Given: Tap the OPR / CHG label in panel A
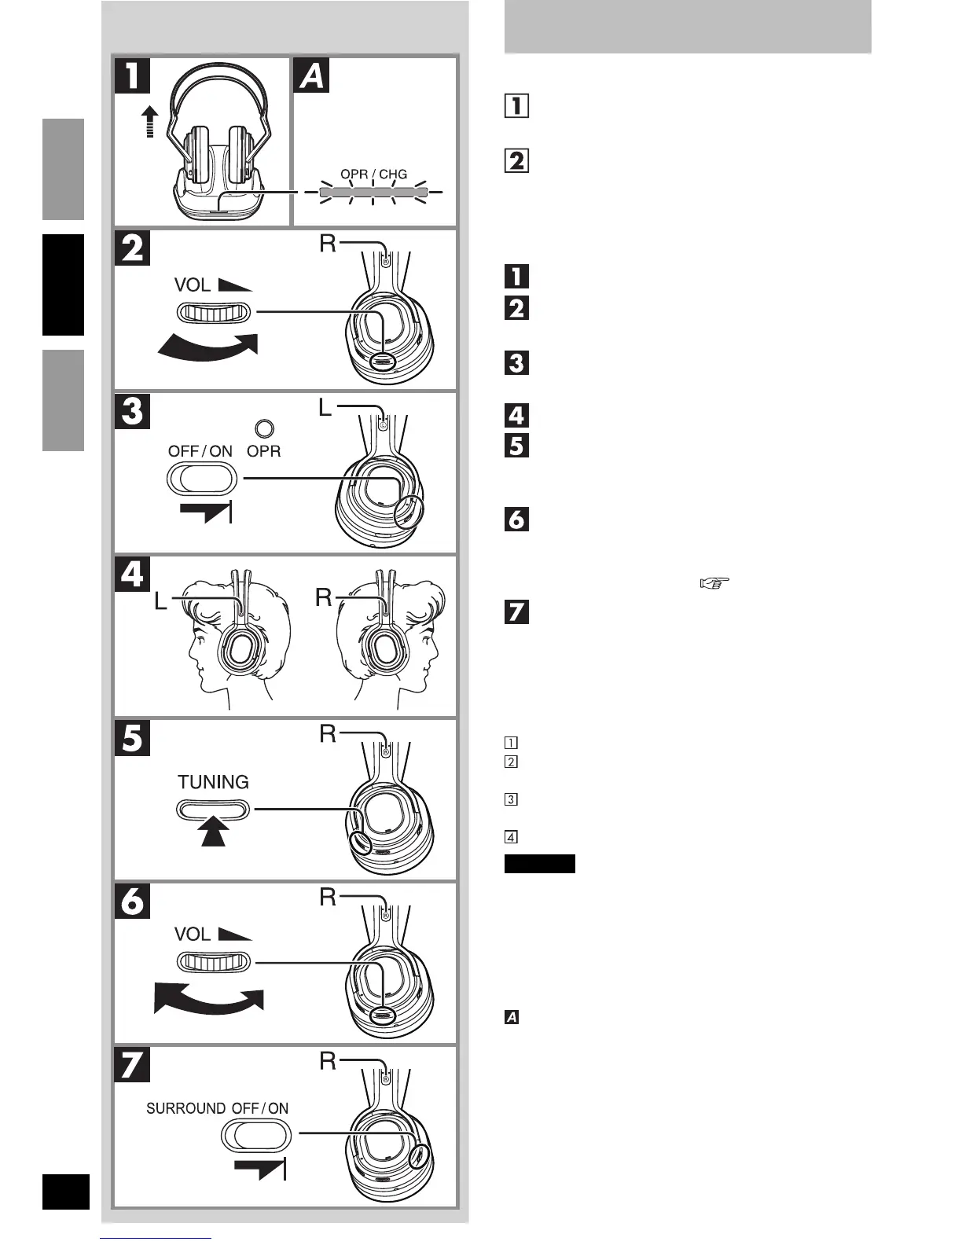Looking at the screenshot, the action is coord(373,174).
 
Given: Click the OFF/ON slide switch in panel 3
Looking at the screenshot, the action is coord(201,477).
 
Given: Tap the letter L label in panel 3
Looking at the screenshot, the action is coord(326,408).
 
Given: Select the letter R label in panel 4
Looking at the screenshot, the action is coord(324,598).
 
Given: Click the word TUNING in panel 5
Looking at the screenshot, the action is coord(213,782).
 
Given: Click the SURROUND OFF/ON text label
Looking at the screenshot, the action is coord(217,1108).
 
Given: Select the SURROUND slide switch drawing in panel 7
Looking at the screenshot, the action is coord(256,1135).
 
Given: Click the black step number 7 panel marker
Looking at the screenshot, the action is coord(131,1065).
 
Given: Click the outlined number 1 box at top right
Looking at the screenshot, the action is coord(516,105).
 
